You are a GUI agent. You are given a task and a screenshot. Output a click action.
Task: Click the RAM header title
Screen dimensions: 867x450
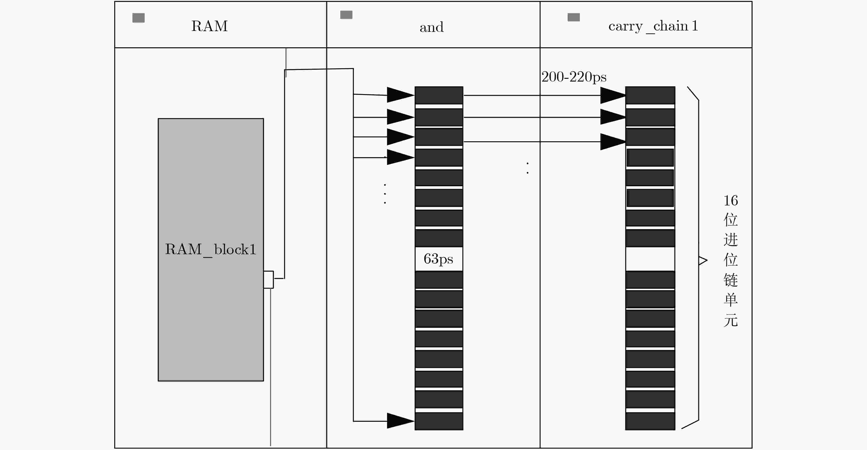coord(209,26)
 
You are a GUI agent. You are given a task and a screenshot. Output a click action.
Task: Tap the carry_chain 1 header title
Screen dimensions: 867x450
coord(653,26)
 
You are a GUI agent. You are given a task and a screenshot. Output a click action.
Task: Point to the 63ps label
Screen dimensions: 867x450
coord(438,259)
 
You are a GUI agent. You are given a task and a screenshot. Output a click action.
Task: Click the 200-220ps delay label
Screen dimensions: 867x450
coord(574,77)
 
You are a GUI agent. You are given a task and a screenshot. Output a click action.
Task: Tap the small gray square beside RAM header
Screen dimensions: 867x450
coord(138,18)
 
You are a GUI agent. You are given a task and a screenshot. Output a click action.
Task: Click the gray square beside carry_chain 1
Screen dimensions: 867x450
coord(573,17)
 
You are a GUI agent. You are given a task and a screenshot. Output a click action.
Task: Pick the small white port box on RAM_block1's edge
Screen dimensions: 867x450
coord(268,280)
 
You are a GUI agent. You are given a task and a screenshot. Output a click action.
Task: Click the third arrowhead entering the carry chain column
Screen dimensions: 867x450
coord(613,142)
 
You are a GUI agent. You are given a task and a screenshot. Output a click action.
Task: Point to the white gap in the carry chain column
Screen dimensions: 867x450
coord(650,259)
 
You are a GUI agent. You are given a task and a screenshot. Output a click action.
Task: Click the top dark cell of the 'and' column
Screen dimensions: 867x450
coord(439,95)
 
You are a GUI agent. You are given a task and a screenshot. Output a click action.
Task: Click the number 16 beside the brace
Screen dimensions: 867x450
coord(731,201)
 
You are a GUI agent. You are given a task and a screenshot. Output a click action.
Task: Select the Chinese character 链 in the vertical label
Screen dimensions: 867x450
coord(731,280)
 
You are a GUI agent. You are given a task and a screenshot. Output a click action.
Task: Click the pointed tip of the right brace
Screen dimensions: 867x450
coord(707,260)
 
